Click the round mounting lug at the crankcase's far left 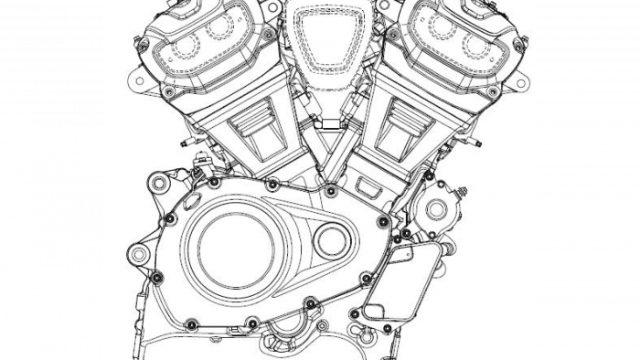click(138, 252)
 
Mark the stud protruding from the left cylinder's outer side click(187, 143)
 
